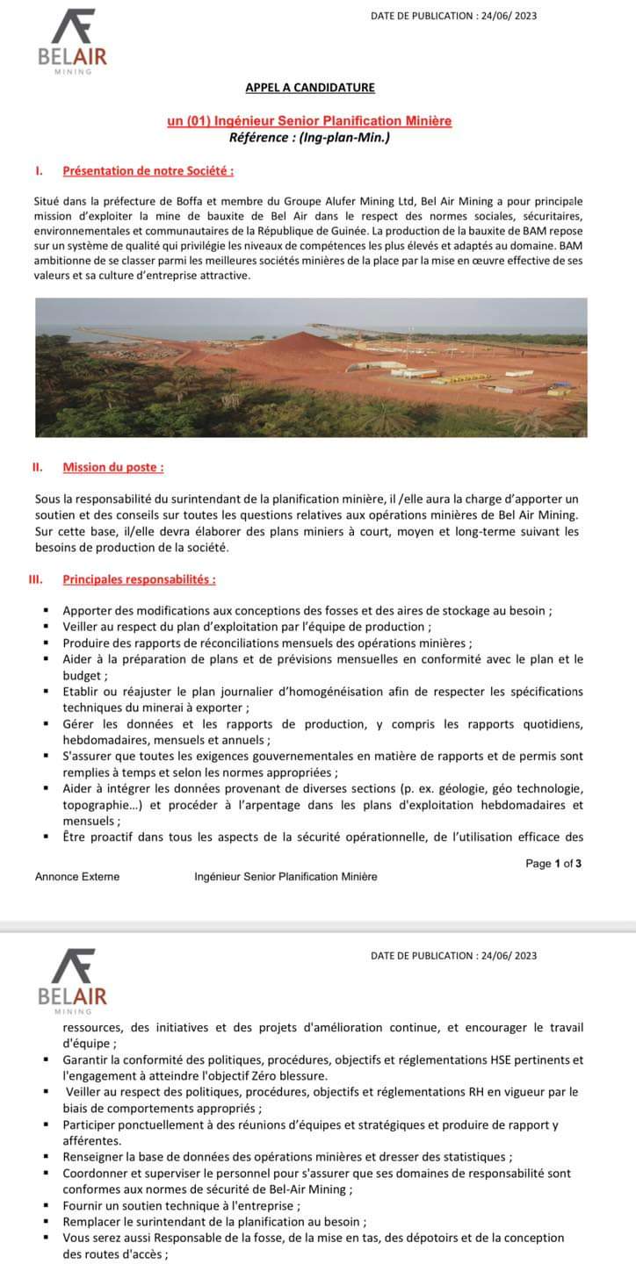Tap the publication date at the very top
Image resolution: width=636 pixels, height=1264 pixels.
point(453,16)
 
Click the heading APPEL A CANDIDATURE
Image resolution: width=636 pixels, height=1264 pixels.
point(309,87)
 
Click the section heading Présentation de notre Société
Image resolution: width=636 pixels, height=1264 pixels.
point(148,170)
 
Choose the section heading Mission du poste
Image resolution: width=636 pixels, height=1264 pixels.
point(112,467)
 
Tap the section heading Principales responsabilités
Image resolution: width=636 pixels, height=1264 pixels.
point(139,579)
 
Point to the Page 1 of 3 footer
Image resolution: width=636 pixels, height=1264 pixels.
point(553,863)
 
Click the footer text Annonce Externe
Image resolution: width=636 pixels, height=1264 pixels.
point(77,876)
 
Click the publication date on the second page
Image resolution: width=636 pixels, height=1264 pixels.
point(453,955)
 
